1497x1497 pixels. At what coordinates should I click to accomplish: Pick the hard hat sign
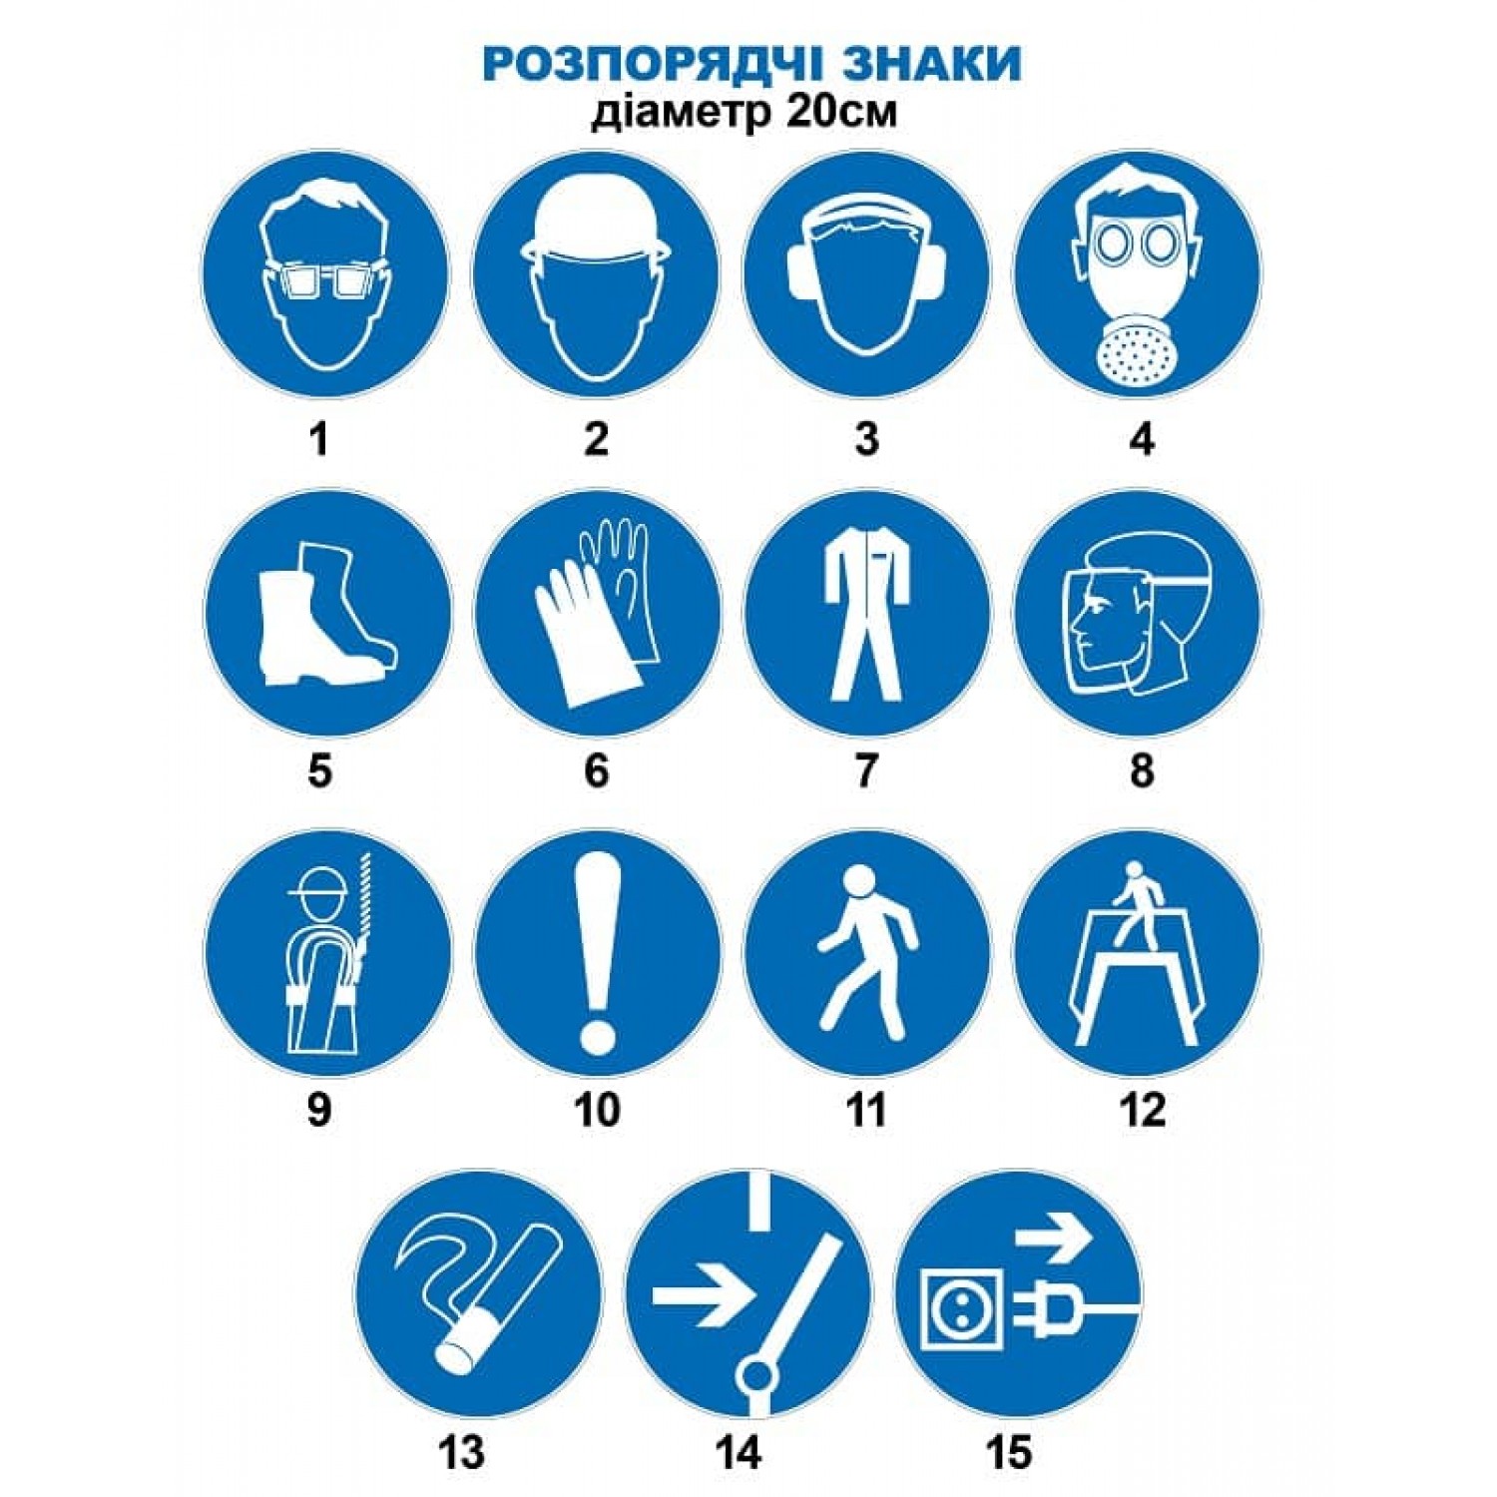(x=596, y=274)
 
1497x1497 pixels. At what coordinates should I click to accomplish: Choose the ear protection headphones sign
(x=866, y=274)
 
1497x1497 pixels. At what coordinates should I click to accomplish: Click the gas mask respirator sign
(x=1138, y=274)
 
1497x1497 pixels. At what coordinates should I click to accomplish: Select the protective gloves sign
(x=596, y=611)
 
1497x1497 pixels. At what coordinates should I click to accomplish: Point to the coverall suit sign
(x=866, y=611)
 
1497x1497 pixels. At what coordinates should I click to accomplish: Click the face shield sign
(x=1138, y=611)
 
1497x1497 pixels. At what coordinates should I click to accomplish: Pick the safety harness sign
(x=327, y=953)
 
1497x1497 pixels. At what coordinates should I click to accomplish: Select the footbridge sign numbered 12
(x=1138, y=953)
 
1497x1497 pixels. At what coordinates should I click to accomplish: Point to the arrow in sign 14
(x=703, y=1296)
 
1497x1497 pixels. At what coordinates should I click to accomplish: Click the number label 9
(x=318, y=1109)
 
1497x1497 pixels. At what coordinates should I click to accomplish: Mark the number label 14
(x=739, y=1451)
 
